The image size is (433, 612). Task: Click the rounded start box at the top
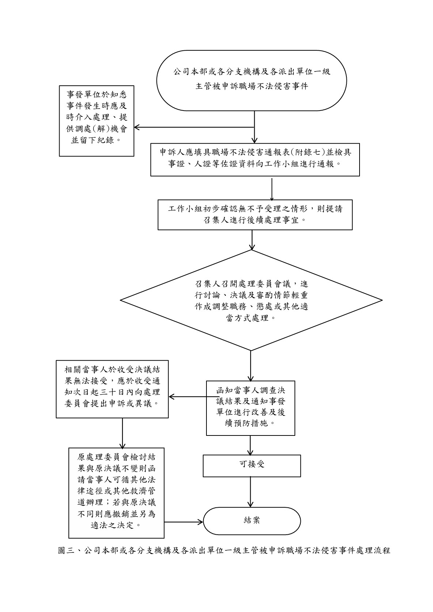click(251, 80)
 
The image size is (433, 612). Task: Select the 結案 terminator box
click(252, 520)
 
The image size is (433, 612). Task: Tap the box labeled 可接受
click(252, 465)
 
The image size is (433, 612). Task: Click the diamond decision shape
click(251, 300)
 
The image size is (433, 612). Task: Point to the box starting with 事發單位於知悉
click(97, 121)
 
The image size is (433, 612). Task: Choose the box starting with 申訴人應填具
click(255, 159)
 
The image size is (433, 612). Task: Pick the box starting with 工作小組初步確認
click(255, 214)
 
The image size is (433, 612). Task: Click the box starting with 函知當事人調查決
click(250, 408)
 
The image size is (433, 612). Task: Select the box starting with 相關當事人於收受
click(112, 389)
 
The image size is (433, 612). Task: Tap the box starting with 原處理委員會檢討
click(117, 493)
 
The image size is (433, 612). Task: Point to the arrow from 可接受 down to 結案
click(250, 492)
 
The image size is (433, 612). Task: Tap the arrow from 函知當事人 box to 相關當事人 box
click(187, 397)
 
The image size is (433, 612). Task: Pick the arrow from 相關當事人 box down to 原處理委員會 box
click(122, 433)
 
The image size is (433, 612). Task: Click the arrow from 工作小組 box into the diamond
click(252, 240)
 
